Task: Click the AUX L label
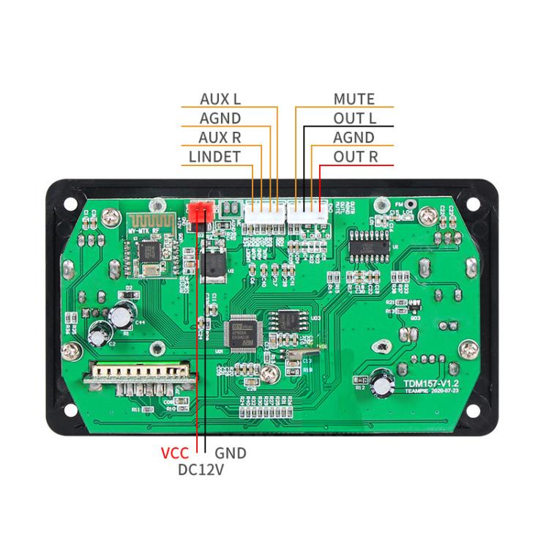220,99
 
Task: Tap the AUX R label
220,137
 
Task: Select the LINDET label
214,156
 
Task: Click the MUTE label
354,99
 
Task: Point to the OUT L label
355,118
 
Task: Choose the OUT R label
356,156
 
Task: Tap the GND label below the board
230,453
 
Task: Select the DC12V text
201,470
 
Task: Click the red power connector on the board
200,213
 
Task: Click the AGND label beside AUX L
220,118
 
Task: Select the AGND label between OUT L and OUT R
354,137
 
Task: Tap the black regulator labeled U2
214,266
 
